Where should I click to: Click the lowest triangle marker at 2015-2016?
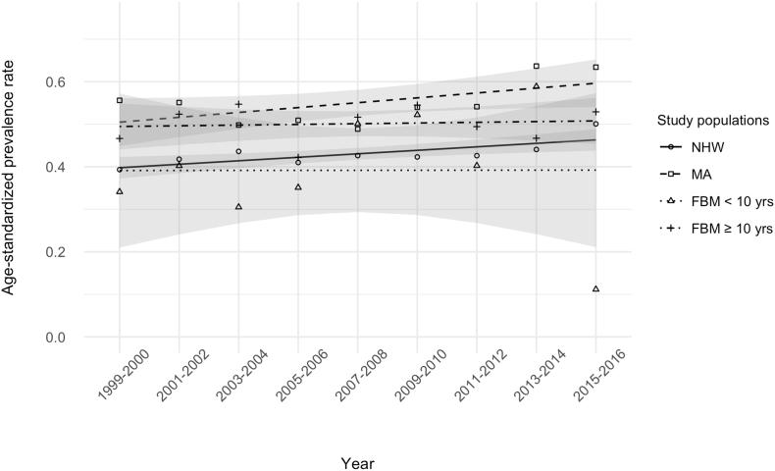pyautogui.click(x=595, y=288)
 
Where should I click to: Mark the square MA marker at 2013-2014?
pyautogui.click(x=537, y=66)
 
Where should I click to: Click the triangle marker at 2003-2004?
pyautogui.click(x=238, y=206)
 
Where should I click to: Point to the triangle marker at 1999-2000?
pyautogui.click(x=120, y=190)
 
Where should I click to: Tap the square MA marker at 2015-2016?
pyautogui.click(x=595, y=67)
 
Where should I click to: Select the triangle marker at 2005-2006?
pyautogui.click(x=298, y=186)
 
